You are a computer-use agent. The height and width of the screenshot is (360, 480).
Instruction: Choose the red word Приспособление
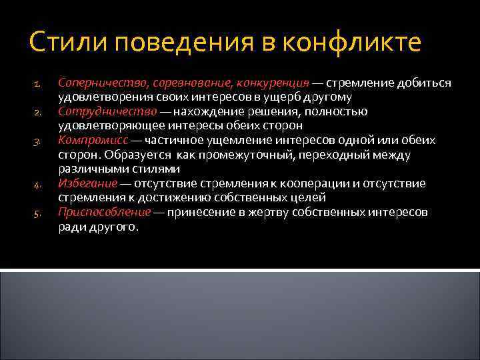(104, 212)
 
